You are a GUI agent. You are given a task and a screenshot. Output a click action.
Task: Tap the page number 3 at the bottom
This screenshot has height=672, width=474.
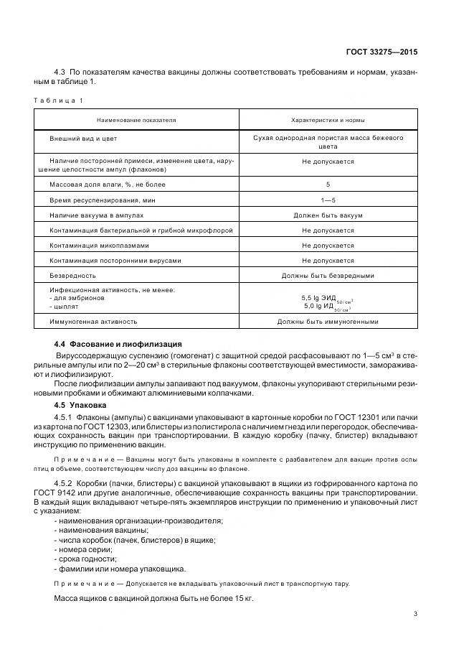pyautogui.click(x=416, y=613)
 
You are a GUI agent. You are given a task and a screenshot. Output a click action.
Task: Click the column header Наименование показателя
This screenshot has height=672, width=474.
pyautogui.click(x=137, y=120)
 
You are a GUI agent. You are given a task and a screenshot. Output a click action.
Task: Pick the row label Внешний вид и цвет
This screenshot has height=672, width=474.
pyautogui.click(x=83, y=137)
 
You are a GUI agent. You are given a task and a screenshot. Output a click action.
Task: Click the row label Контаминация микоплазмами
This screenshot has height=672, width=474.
pyautogui.click(x=97, y=245)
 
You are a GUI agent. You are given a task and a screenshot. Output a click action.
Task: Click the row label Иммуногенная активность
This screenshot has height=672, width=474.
pyautogui.click(x=93, y=322)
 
